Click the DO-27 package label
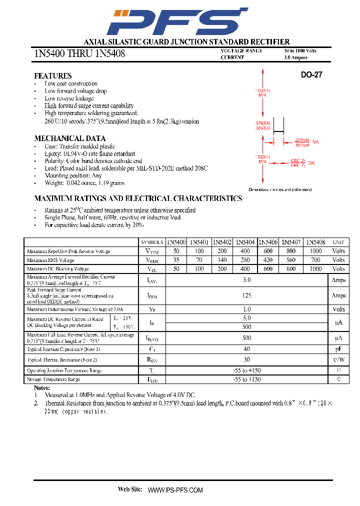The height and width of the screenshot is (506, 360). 311,75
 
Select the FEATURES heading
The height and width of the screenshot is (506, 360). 52,75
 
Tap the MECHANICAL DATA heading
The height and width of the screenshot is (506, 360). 69,138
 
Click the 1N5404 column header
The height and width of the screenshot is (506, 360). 245,242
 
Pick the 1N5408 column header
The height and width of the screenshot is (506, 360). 315,242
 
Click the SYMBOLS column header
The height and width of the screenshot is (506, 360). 152,242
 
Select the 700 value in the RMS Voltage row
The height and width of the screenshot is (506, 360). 315,260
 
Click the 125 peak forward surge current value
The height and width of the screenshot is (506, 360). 246,295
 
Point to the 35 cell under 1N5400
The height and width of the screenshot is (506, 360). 175,260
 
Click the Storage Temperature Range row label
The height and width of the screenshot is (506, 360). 53,379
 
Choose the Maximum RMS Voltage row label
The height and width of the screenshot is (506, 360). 50,260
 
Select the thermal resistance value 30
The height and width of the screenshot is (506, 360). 246,359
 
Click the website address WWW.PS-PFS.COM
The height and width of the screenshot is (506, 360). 175,490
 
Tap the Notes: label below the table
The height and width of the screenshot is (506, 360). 42,387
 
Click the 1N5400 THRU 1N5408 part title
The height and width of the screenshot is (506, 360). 79,53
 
